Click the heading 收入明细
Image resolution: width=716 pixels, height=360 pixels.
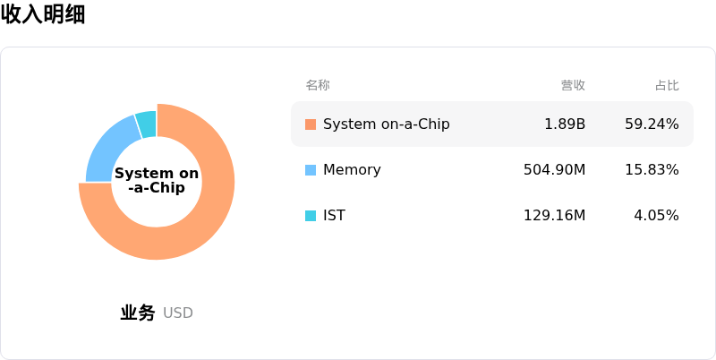pos(43,14)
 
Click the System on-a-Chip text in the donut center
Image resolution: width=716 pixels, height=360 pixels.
pos(157,181)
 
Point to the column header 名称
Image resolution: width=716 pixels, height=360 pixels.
pos(318,85)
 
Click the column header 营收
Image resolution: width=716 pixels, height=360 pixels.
pos(573,85)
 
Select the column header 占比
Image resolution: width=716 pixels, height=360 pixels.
pos(667,85)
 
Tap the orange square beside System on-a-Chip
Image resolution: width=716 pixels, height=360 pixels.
pos(311,124)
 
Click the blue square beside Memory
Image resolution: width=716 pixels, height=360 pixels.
pos(311,170)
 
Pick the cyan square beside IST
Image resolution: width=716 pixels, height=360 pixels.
pos(311,216)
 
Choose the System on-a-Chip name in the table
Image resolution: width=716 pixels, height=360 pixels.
pos(387,124)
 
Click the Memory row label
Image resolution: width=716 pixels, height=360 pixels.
pos(352,170)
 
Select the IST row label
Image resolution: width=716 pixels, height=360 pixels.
pos(334,215)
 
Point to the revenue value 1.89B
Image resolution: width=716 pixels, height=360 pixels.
pos(565,124)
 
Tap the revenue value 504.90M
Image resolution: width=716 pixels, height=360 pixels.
pos(554,170)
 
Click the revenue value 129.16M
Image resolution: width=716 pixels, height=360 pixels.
pos(554,215)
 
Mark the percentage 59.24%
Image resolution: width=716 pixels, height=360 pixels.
pos(652,124)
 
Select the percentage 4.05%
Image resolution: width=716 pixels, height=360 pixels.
pos(656,215)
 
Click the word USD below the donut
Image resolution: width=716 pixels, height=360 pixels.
pos(177,313)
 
